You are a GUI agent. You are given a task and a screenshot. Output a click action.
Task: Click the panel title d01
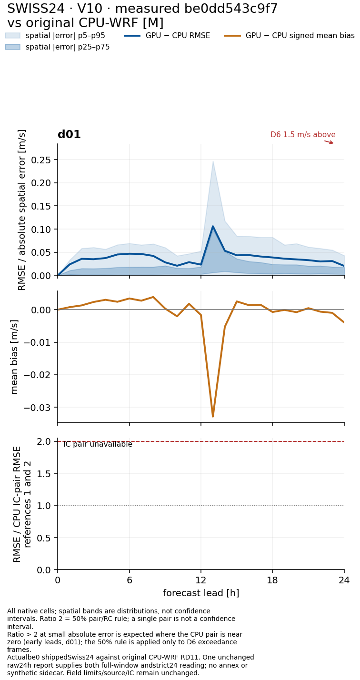pos(69,134)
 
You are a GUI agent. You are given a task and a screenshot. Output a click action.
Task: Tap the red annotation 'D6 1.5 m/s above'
pos(303,134)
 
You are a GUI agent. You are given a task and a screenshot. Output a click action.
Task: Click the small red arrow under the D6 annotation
pos(329,142)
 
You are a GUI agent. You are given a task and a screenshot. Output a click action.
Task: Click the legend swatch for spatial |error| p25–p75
pos(13,47)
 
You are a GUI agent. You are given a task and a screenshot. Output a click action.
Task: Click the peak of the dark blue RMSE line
pos(213,226)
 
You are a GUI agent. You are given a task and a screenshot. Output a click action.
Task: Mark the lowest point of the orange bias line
pos(213,417)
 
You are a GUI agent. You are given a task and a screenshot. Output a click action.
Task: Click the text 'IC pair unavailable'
pos(98,444)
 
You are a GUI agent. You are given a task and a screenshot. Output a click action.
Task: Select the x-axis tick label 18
pos(272,580)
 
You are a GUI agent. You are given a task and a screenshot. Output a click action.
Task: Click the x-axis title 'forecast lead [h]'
pos(201,593)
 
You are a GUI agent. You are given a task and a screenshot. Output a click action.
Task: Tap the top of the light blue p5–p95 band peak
pos(213,161)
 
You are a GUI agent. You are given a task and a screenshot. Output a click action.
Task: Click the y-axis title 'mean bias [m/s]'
pos(14,357)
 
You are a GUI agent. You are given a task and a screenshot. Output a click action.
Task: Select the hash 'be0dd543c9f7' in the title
pos(231,9)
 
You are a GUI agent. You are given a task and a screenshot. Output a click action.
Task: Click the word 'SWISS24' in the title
pos(36,9)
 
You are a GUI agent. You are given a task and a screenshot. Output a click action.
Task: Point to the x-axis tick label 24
pos(344,580)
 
